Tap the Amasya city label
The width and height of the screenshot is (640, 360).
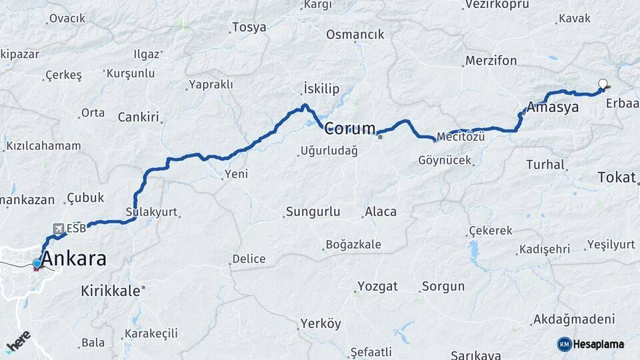pos(552,107)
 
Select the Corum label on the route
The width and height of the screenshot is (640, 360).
pos(350,129)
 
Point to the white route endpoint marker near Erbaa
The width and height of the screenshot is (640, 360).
pos(603,84)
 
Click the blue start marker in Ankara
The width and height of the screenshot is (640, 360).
pos(37,264)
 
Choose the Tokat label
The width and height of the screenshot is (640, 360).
pos(617,177)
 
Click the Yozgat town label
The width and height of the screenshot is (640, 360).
pos(377,287)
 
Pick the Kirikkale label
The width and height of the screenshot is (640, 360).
pos(111,291)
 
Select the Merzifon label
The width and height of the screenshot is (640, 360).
pos(491,61)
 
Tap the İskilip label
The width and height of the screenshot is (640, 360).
pos(321,89)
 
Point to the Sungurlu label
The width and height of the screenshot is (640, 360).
pos(313,212)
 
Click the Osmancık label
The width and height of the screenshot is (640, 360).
pos(355,35)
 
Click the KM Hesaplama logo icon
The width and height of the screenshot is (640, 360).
pos(564,344)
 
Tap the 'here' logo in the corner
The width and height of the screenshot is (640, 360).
pos(18,341)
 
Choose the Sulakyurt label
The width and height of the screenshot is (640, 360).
pos(151,212)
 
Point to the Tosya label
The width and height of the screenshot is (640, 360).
pos(249,27)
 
